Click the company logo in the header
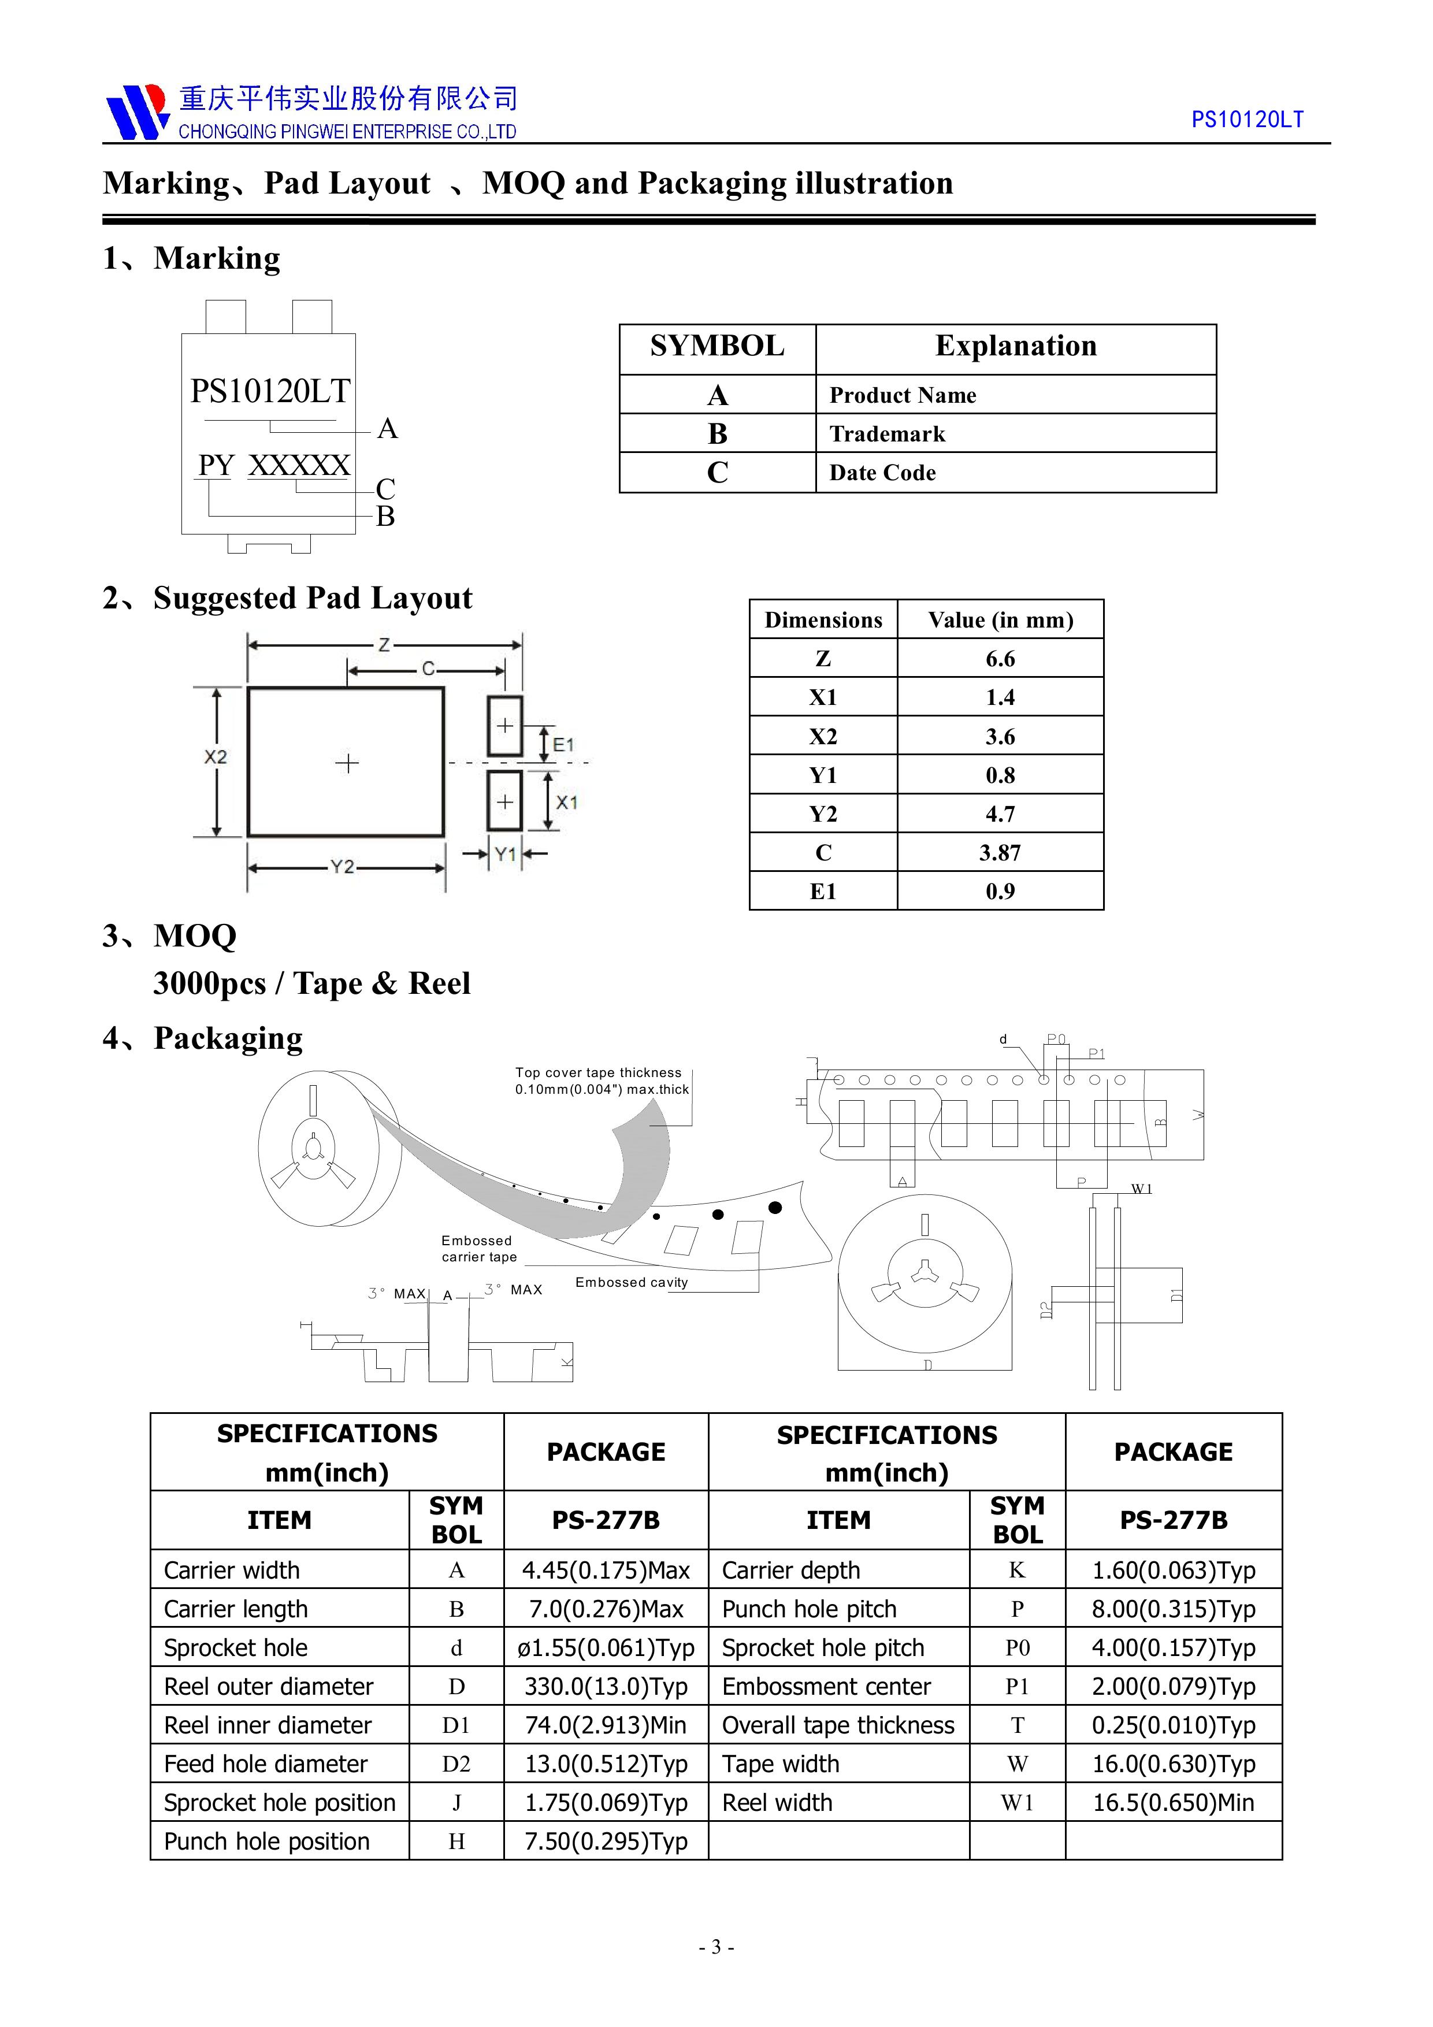coord(137,112)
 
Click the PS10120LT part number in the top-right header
coord(1247,120)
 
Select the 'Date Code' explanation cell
coord(882,473)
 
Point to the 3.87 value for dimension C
coord(1000,853)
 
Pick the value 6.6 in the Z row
coord(1000,659)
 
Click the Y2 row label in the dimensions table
coord(823,814)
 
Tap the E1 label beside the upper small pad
coord(563,745)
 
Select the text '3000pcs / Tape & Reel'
coord(311,983)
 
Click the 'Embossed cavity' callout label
coord(632,1283)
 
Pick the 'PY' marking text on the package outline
coord(216,465)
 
